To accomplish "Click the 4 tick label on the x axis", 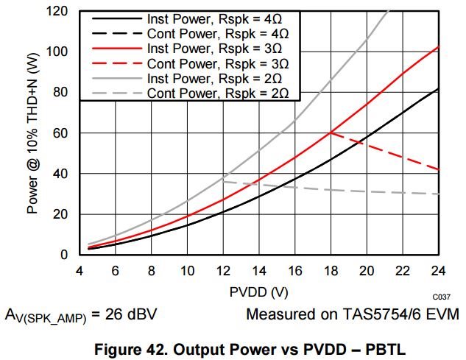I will point(78,270).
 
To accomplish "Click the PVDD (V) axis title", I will point(258,292).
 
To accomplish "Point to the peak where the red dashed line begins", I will point(331,133).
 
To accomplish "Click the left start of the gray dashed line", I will point(223,181).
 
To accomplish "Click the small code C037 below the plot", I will point(441,295).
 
